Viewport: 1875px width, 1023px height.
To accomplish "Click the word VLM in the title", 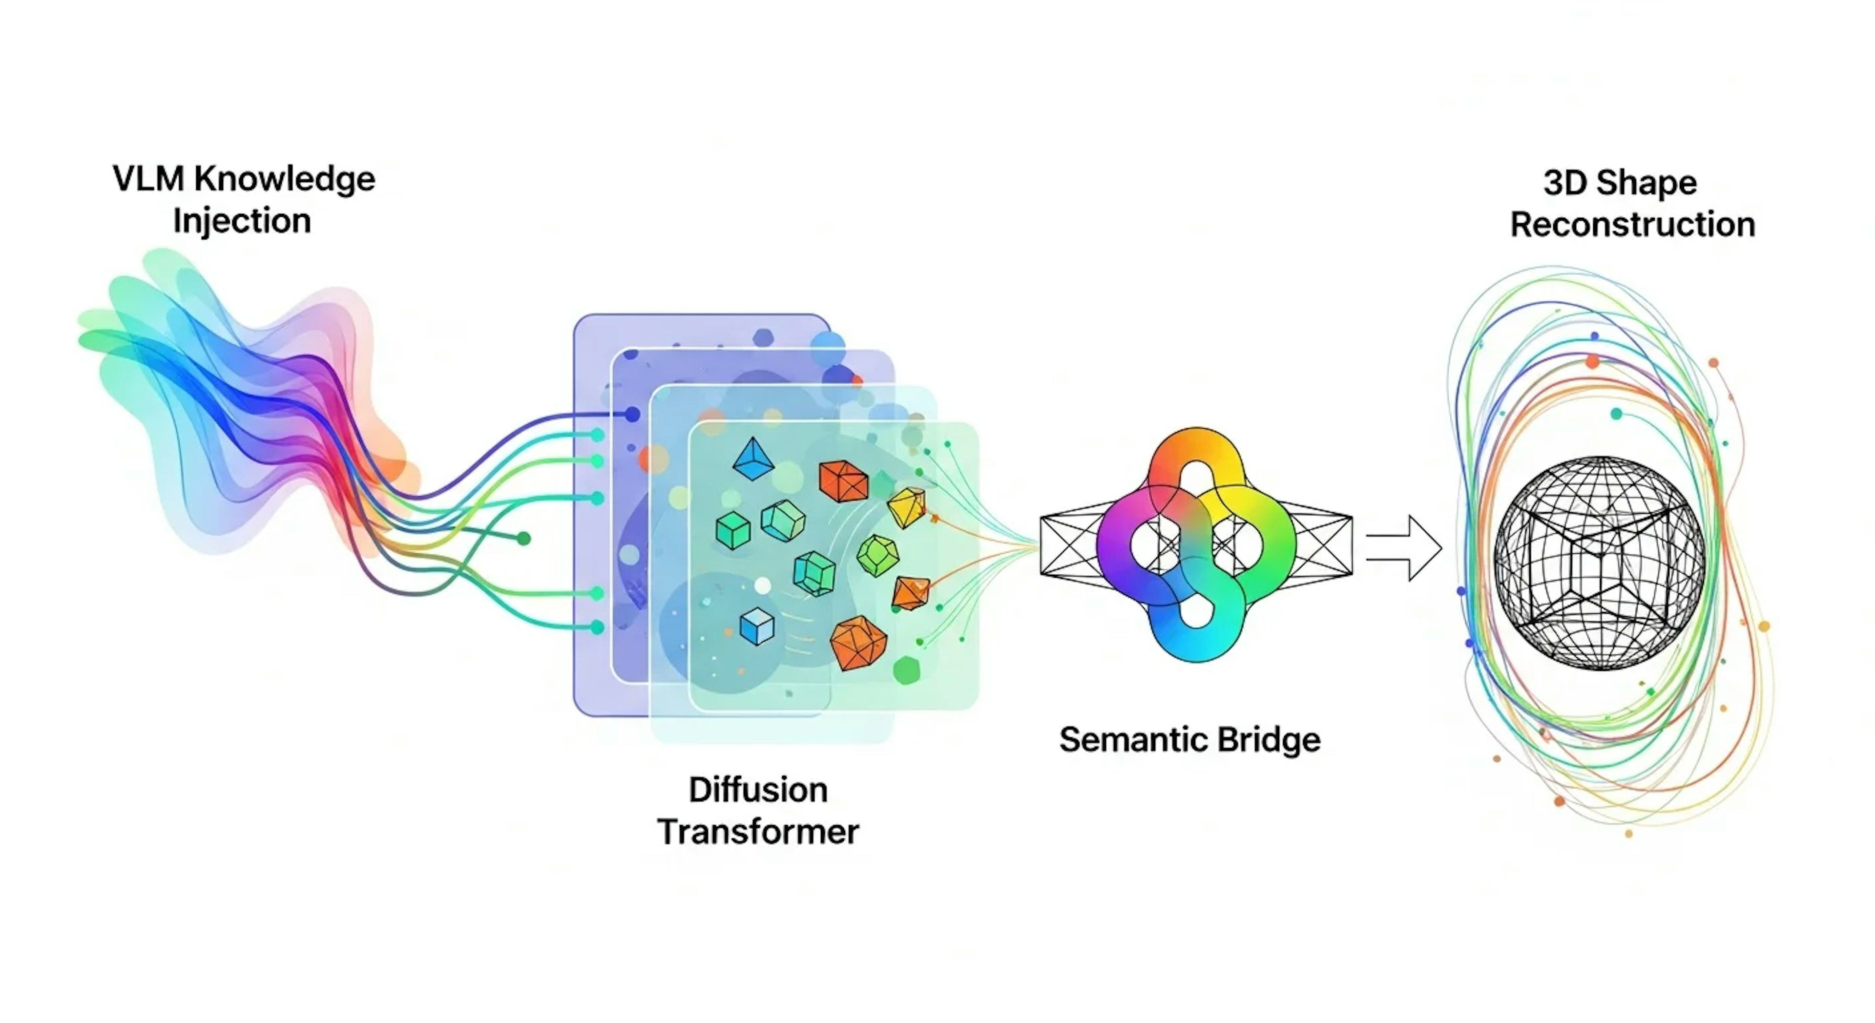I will click(x=148, y=179).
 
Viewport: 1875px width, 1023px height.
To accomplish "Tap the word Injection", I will click(x=242, y=221).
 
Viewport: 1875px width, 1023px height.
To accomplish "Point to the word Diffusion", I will click(x=758, y=790).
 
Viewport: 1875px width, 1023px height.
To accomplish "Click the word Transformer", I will click(x=758, y=832).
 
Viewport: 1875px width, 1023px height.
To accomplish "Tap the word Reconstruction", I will click(x=1633, y=224).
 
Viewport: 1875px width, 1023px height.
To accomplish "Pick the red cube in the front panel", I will click(x=844, y=481).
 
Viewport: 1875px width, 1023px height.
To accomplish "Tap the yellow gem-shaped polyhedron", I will click(x=907, y=506).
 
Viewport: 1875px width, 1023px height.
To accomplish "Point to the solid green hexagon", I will click(x=906, y=670).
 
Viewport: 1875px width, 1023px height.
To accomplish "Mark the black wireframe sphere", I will click(x=1599, y=562).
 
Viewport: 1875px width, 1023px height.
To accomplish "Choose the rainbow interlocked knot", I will click(x=1196, y=544).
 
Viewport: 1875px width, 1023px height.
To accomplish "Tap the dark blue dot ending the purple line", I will click(x=632, y=414).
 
